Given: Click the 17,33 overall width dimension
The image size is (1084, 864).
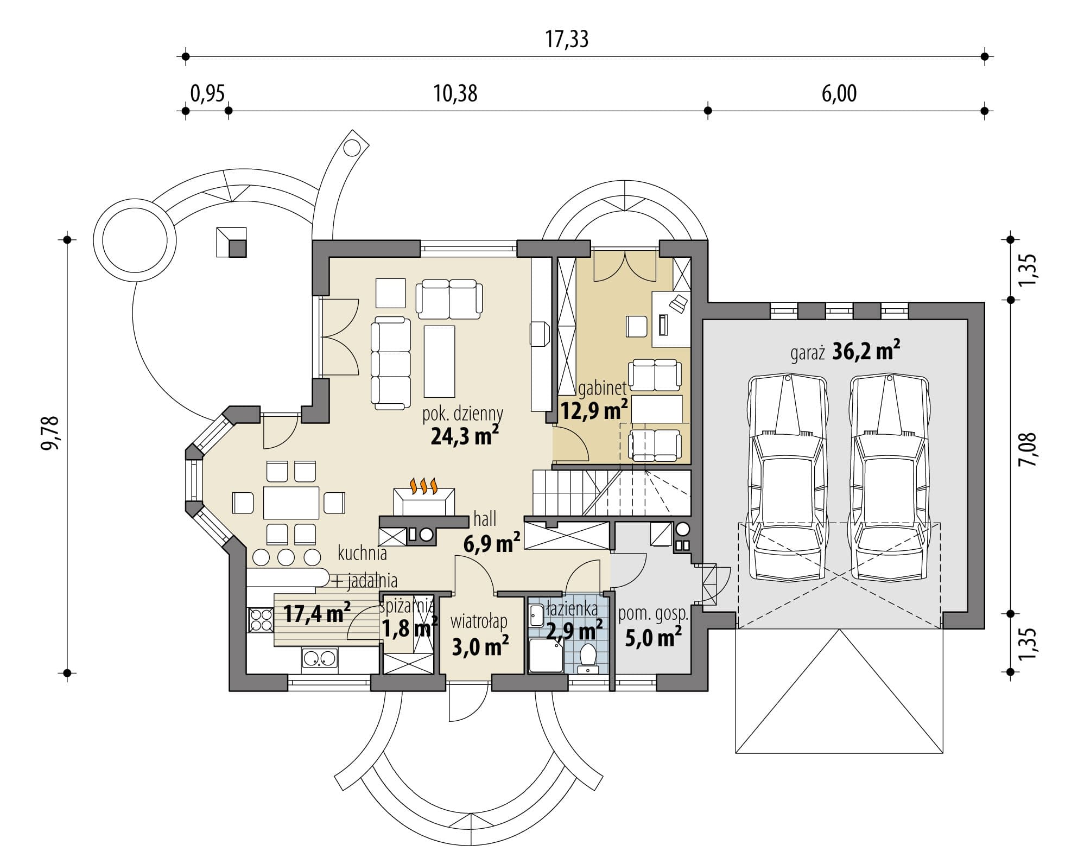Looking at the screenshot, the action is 567,40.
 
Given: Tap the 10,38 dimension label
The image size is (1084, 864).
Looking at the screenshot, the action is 455,94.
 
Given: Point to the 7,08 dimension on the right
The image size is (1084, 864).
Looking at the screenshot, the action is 1028,449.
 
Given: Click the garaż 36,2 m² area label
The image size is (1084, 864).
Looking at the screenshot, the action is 845,352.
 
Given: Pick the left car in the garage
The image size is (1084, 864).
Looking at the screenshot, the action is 787,478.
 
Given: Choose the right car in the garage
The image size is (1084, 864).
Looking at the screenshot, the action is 889,478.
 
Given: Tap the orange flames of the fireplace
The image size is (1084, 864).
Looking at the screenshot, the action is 423,486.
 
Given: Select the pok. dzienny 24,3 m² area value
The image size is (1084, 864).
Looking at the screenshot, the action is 465,435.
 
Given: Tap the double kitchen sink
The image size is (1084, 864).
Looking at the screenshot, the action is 320,659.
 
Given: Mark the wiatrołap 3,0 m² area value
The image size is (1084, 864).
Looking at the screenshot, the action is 480,646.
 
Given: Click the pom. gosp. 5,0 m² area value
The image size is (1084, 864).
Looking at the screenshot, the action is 654,637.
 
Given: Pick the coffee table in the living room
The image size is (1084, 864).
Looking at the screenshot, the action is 439,361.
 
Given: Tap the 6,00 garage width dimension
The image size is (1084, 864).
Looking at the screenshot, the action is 839,94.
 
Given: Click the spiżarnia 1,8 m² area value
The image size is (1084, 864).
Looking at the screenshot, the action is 409,629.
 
